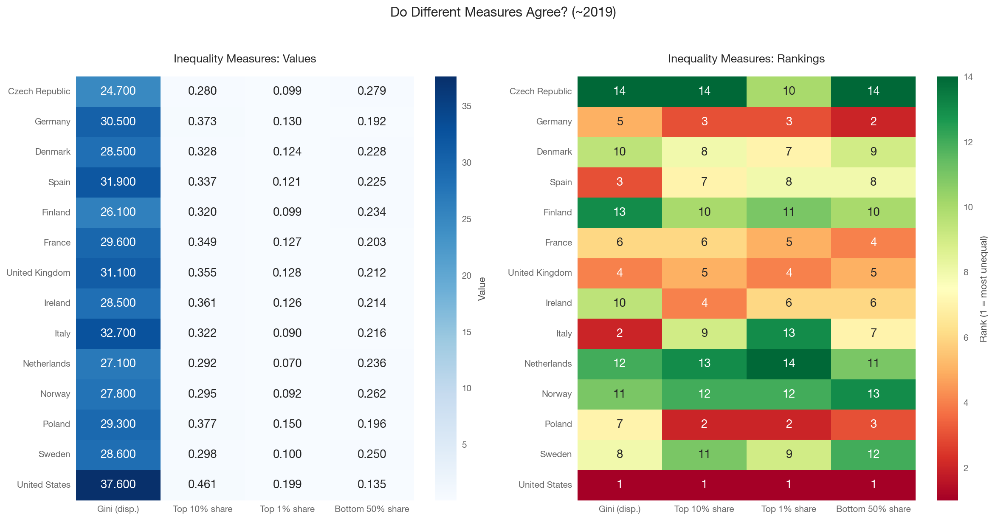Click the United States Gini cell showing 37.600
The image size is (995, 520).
(118, 484)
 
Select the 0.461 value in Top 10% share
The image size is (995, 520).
(203, 484)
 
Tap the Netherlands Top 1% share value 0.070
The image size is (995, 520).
(288, 363)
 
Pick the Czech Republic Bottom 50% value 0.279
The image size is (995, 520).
(372, 91)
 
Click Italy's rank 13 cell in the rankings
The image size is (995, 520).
(789, 333)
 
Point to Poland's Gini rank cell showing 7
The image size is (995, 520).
(620, 424)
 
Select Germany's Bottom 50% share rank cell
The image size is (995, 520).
(873, 122)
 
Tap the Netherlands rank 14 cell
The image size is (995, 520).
(789, 363)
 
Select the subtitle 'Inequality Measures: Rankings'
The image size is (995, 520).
(746, 59)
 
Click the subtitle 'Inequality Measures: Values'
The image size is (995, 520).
(245, 59)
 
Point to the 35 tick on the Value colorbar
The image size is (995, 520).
(467, 106)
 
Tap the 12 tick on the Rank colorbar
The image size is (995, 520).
(968, 142)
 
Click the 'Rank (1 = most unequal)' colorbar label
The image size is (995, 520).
(984, 289)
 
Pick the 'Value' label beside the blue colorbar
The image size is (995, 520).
(482, 289)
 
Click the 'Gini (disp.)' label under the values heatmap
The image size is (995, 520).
(118, 509)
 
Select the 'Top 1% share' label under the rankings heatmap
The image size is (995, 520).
(789, 509)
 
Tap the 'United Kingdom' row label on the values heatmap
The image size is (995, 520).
(39, 273)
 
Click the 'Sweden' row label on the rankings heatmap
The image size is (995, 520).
(556, 454)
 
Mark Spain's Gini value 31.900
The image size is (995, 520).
(118, 182)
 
